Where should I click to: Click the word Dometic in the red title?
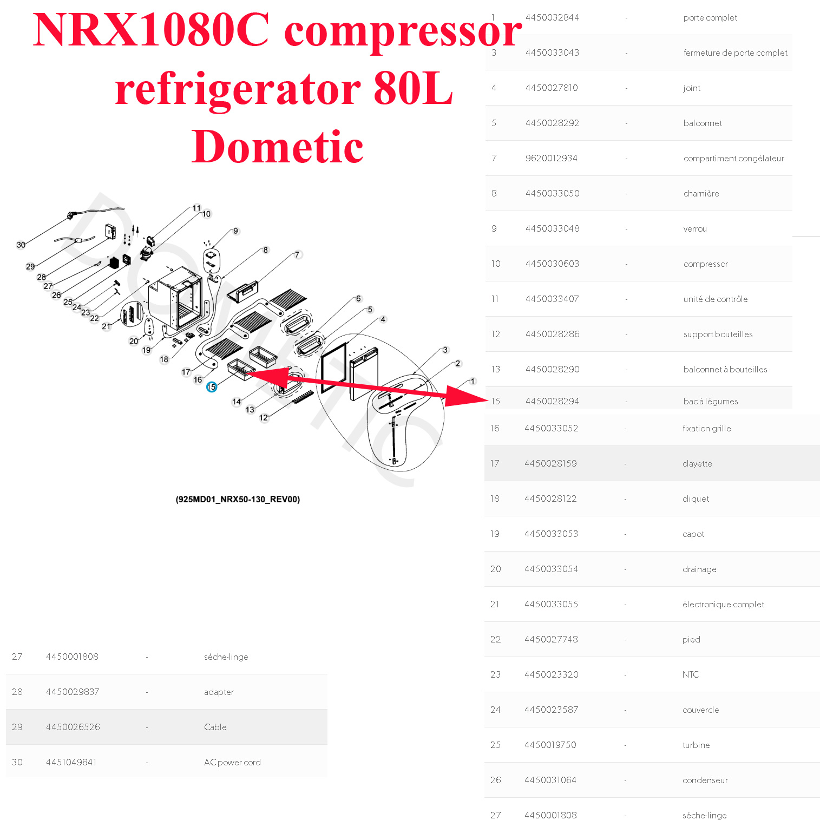pos(277,147)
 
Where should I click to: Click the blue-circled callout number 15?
pos(211,387)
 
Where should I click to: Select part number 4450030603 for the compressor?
pos(552,264)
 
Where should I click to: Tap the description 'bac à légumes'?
pos(710,401)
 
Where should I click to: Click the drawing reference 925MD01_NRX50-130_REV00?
pos(238,499)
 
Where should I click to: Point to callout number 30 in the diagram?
pos(21,245)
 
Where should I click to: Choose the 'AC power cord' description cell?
pos(232,762)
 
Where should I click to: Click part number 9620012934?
pos(551,158)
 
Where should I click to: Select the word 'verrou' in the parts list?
pos(695,228)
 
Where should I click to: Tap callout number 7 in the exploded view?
pos(297,254)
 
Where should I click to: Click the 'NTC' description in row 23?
pos(691,674)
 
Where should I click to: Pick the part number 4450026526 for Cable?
pos(73,727)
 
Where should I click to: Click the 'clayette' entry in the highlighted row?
pos(697,463)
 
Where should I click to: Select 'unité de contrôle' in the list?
pos(715,299)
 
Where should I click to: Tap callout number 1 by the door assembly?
pos(473,381)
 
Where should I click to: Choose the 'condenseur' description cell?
pos(705,780)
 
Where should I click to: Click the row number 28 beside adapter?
pos(17,692)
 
